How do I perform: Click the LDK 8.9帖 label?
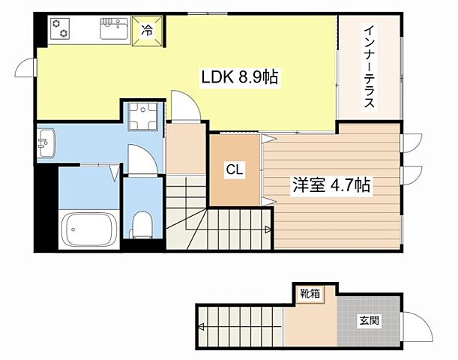point(239,76)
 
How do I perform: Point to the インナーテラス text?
point(369,67)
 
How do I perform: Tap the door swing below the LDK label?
point(183,106)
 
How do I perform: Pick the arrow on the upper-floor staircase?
point(266,229)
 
